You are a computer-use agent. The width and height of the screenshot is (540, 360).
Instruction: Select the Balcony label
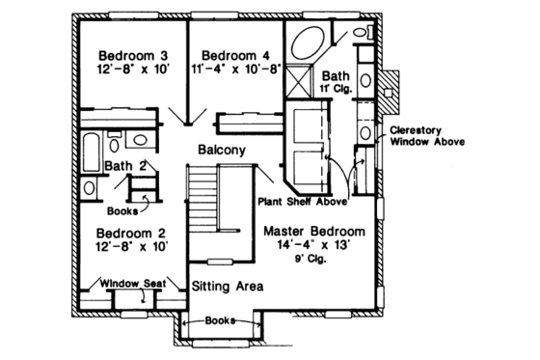(221, 151)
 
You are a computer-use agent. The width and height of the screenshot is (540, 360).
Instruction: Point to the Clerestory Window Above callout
(428, 135)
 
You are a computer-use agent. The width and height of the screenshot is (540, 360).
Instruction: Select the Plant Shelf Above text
(301, 202)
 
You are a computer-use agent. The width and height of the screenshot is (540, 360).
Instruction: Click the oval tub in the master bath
(308, 44)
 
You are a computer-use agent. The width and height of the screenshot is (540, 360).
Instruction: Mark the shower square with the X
(297, 79)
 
